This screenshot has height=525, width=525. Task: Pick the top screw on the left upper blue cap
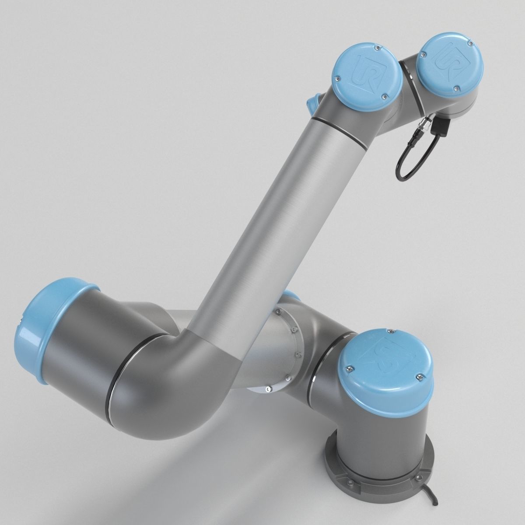pos(376,45)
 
